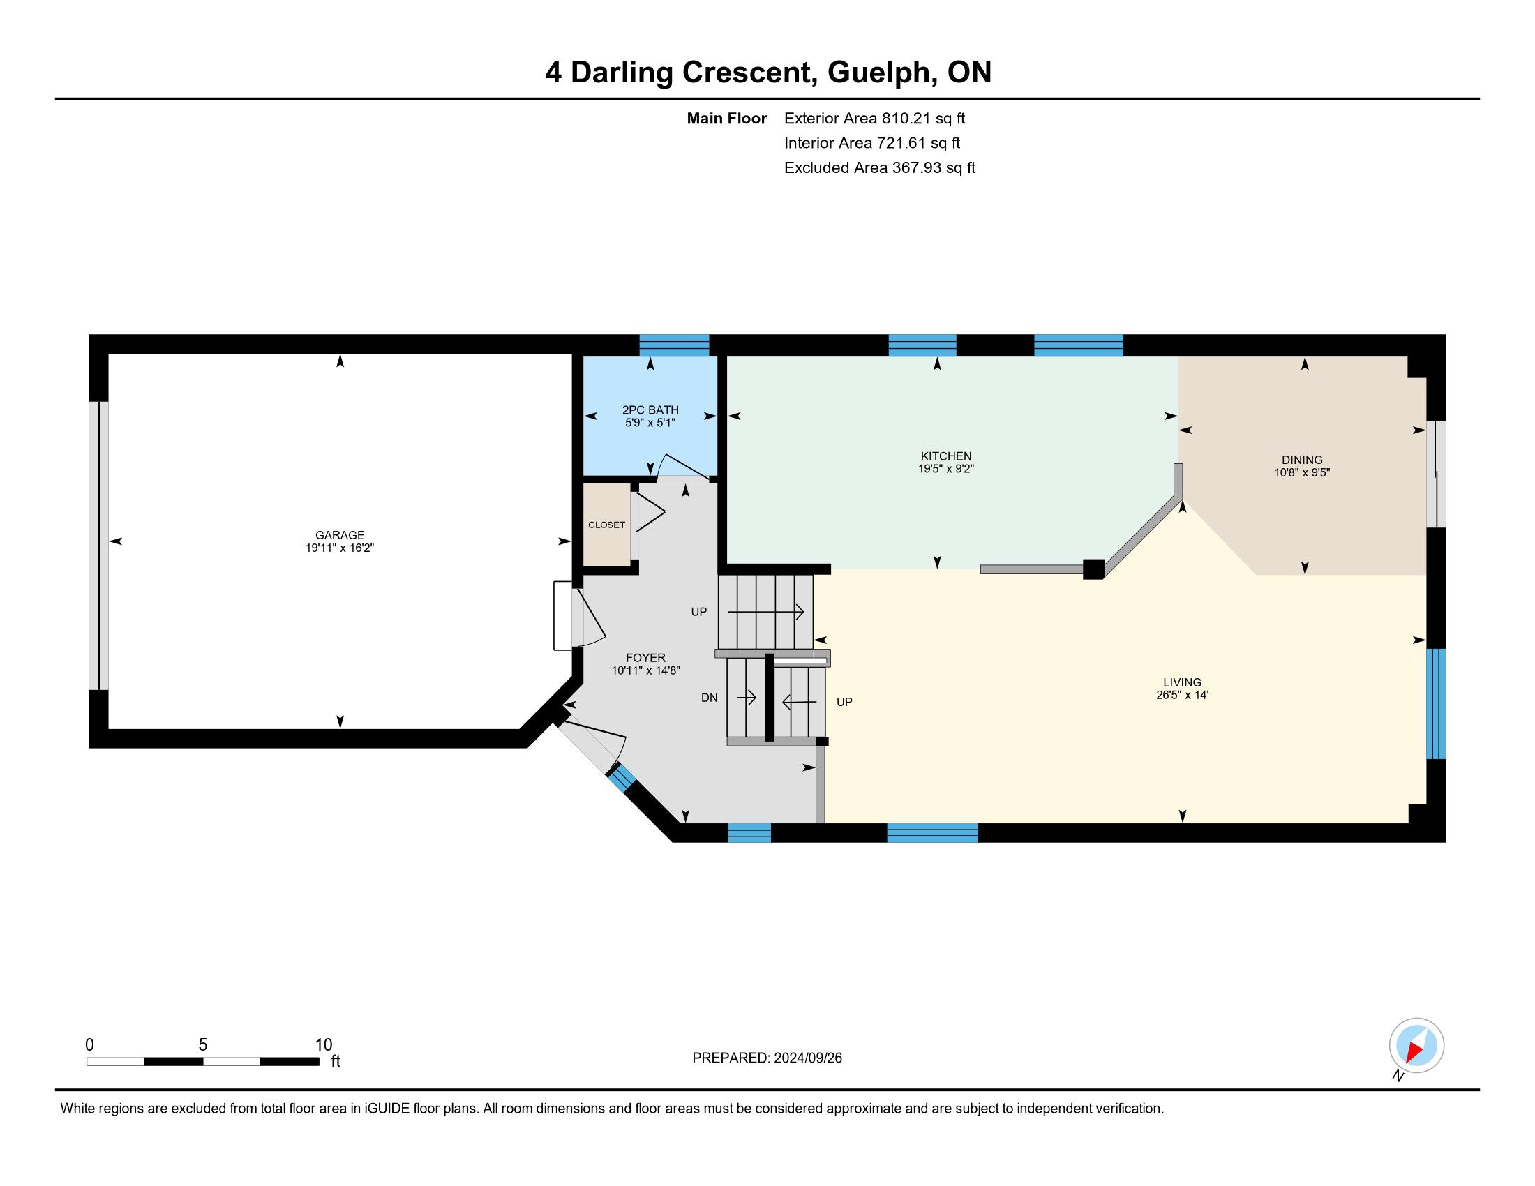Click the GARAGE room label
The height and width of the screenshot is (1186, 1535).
click(340, 534)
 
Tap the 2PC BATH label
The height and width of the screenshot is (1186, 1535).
click(650, 410)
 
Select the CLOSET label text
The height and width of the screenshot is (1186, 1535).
click(606, 525)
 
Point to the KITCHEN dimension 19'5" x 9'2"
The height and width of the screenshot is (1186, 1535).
click(946, 469)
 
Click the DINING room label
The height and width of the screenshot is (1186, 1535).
click(1302, 460)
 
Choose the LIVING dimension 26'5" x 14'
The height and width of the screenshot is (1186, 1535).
click(1182, 695)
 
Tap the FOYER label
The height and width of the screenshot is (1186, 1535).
click(645, 658)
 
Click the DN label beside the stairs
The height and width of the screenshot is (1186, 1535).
click(709, 698)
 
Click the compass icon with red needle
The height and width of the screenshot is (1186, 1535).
click(1416, 1045)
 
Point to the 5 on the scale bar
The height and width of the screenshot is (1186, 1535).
click(203, 1044)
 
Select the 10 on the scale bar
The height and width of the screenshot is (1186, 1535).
click(324, 1044)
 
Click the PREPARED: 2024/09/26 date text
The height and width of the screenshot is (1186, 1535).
click(767, 1058)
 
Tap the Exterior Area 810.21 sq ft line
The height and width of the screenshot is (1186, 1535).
click(874, 118)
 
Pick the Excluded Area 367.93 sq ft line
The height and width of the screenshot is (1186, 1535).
click(880, 167)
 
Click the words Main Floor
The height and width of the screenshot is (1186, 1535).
click(727, 118)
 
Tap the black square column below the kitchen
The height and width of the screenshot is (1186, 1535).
click(1093, 569)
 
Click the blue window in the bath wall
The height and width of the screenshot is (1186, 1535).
click(674, 345)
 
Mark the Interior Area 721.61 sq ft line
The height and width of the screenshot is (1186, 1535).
click(872, 142)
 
